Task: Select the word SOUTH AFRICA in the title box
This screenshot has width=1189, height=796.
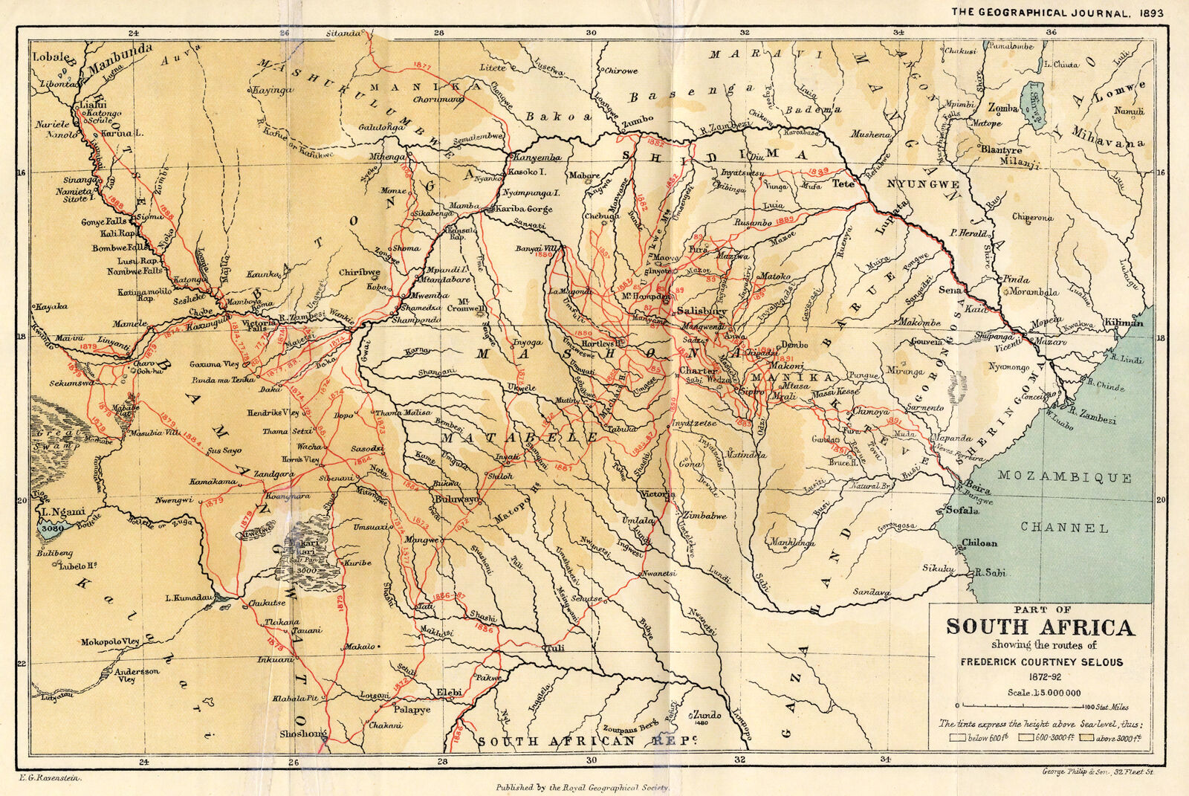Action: coord(1040,627)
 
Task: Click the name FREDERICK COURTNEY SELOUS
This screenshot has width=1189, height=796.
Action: coord(1041,661)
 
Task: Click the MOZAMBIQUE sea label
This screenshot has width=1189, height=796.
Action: coord(1064,477)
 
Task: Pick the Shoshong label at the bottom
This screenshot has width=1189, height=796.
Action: coord(303,734)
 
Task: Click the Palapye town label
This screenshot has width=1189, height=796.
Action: coord(412,710)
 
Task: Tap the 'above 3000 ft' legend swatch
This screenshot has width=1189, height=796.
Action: coord(1088,738)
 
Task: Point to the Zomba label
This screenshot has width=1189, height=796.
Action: coord(1002,108)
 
